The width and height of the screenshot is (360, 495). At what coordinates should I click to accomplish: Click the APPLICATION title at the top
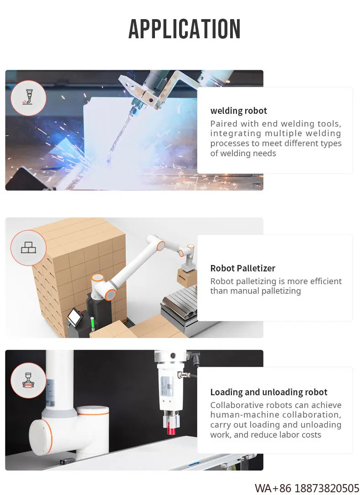tap(184, 29)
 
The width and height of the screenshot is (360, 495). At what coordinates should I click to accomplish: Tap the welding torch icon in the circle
tap(28, 98)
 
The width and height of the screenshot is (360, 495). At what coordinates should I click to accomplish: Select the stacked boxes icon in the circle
tap(28, 248)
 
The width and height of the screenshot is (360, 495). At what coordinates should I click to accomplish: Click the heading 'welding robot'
tap(238, 111)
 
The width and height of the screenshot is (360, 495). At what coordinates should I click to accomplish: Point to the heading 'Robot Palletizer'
tap(242, 268)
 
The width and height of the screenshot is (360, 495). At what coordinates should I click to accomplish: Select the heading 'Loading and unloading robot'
tap(268, 392)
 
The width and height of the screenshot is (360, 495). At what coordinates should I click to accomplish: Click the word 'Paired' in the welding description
tap(222, 124)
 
